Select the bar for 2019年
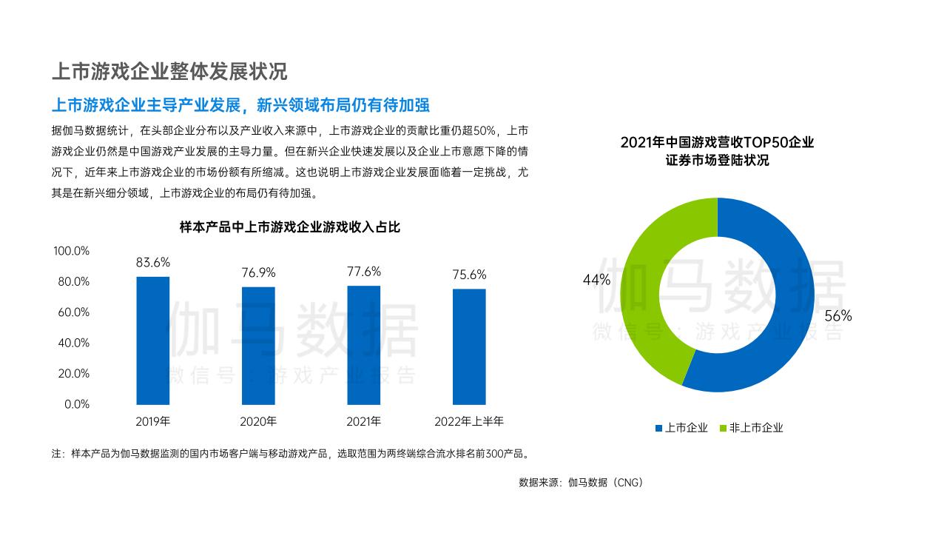[153, 341]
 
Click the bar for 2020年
[258, 346]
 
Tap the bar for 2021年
[364, 345]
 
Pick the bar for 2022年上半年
[469, 346]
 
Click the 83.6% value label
[153, 262]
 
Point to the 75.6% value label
[469, 275]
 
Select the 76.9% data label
[258, 272]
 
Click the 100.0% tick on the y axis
[71, 251]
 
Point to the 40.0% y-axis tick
[72, 343]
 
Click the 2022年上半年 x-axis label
[469, 422]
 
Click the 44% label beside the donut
[596, 280]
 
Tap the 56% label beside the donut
[838, 316]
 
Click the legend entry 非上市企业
[755, 428]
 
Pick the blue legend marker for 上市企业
[658, 428]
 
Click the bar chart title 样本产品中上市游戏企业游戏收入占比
[290, 227]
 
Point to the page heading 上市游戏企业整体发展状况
[169, 72]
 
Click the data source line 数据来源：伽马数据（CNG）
[582, 483]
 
